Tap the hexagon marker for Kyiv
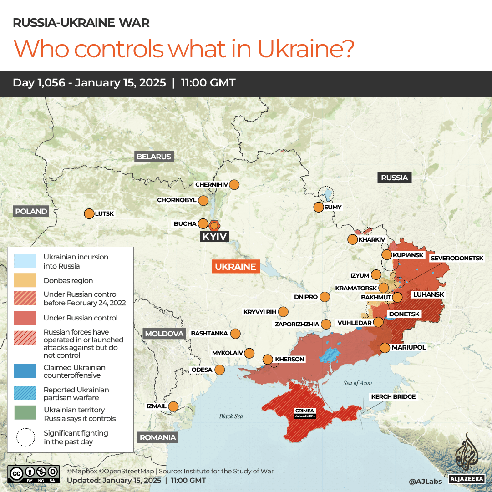(214, 225)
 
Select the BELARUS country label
(154, 157)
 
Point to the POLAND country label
(31, 211)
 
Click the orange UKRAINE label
(236, 267)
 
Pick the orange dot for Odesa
(220, 370)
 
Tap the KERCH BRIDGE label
(393, 396)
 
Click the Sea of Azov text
(357, 383)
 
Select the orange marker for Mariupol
(385, 348)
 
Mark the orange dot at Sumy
(319, 207)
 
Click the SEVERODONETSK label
(457, 258)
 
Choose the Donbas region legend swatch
(25, 280)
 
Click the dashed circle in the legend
(25, 437)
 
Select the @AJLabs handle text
(426, 481)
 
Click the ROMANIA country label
(157, 437)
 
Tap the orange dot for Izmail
(173, 406)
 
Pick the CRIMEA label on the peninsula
(305, 411)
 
